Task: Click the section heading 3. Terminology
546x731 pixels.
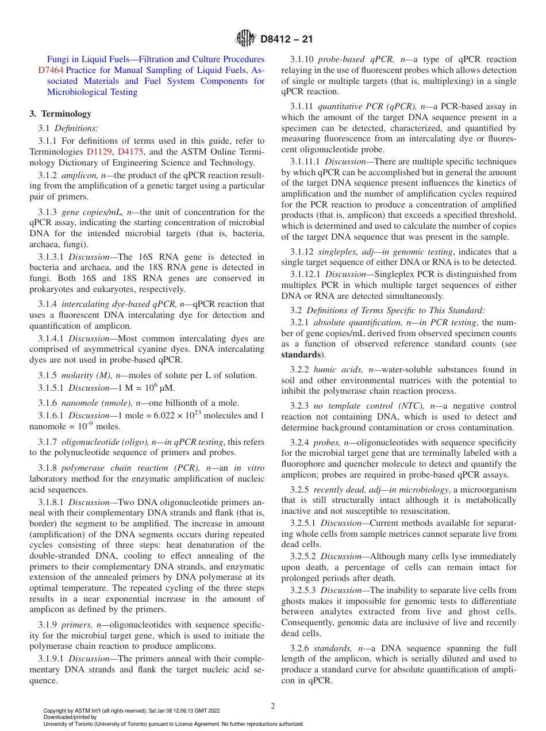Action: click(x=60, y=114)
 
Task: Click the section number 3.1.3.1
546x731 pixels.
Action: click(x=51, y=257)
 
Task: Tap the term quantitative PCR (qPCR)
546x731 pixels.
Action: click(x=367, y=106)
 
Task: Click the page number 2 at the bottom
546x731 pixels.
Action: click(x=273, y=706)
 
